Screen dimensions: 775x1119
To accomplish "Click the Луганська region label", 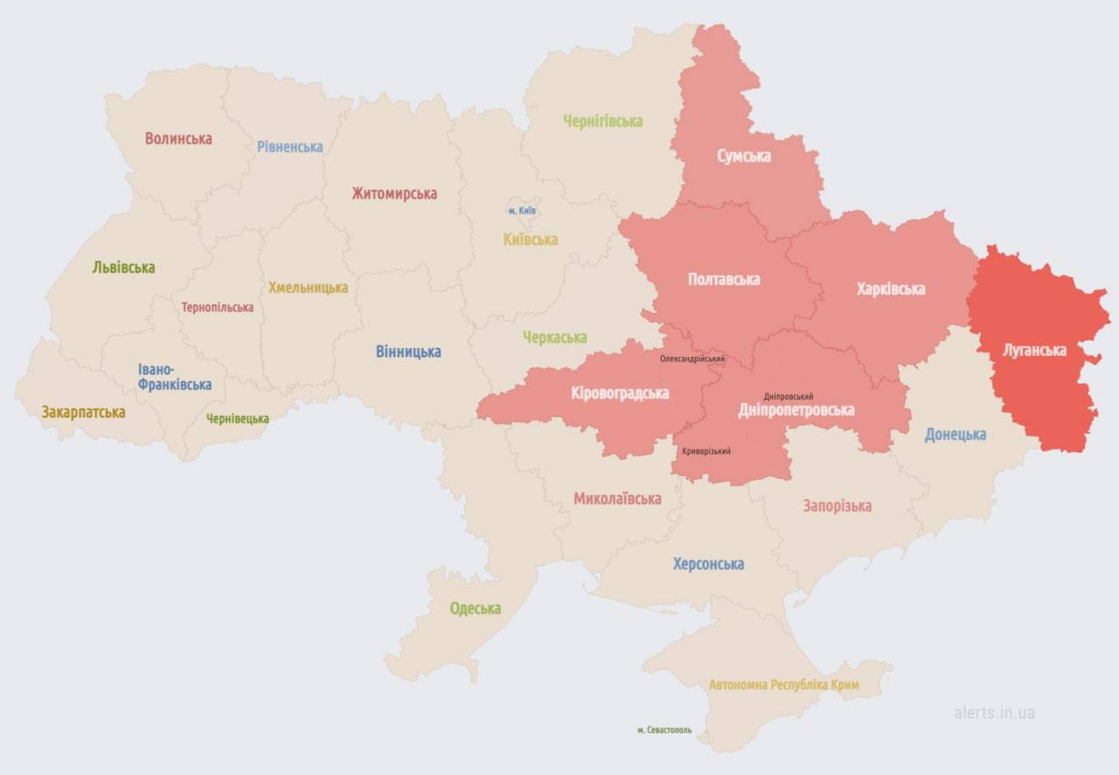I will (1034, 350).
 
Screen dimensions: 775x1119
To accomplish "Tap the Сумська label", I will (743, 156).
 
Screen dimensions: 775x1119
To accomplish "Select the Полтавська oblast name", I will (724, 279).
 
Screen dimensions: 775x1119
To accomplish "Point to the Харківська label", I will (891, 288).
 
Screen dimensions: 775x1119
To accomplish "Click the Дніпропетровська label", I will (796, 409).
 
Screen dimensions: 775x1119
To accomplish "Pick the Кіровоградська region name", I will (620, 393).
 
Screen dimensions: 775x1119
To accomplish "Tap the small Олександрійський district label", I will (692, 359).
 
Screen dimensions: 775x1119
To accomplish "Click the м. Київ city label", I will (522, 211).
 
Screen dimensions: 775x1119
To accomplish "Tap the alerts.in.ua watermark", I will (994, 712).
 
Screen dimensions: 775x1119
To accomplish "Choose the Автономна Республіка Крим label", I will (783, 684).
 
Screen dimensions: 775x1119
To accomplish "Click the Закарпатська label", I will (83, 411).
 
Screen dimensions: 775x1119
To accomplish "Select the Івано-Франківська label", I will (174, 377).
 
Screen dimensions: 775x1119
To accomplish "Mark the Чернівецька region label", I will (237, 418).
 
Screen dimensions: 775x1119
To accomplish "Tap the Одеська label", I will (476, 608).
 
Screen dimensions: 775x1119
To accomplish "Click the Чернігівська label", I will (602, 121).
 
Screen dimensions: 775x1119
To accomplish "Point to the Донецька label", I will (956, 434).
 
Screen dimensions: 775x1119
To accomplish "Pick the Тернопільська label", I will (218, 307).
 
